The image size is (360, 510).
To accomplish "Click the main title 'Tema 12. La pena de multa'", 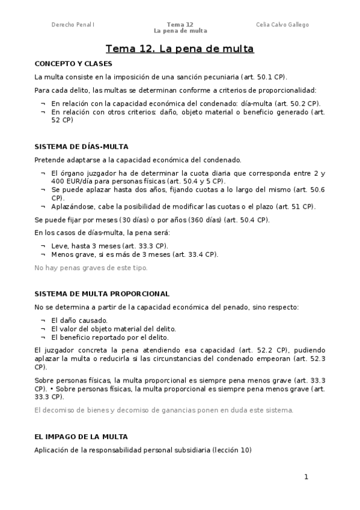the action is click(x=180, y=49).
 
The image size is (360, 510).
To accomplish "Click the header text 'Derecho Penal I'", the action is click(x=73, y=25).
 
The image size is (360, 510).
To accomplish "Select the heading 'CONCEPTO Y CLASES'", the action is click(x=73, y=63).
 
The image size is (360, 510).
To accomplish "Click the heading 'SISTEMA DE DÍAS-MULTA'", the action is click(x=81, y=147).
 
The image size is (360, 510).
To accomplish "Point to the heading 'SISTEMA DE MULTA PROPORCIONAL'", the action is click(x=102, y=294).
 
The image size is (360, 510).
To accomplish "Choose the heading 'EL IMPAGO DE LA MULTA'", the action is click(x=81, y=437).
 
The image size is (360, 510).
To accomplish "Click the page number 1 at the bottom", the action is click(x=306, y=477).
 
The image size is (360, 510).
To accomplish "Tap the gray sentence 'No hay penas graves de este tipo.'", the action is click(x=91, y=268).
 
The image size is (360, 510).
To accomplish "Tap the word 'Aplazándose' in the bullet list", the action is click(x=71, y=206).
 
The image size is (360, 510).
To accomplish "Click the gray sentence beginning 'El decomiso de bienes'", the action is click(x=163, y=410).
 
